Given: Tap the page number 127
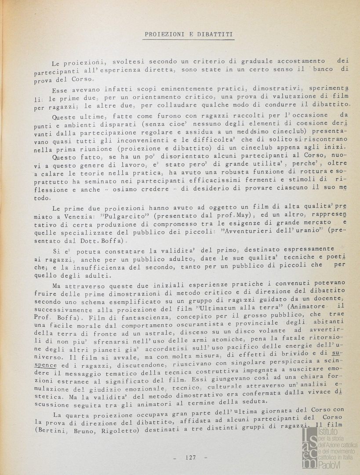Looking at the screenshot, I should click(x=190, y=458).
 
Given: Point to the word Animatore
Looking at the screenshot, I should click(x=309, y=307).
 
